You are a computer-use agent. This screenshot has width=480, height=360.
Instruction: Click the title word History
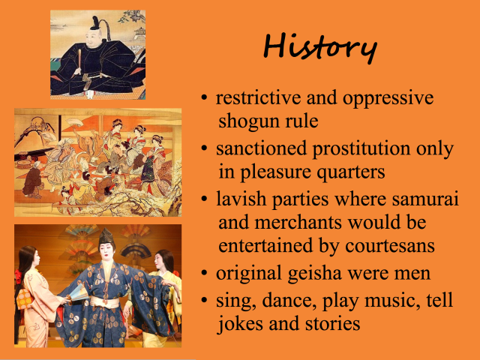point(320,47)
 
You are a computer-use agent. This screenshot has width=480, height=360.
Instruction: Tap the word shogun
point(251,119)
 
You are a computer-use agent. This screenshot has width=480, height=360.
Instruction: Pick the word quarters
point(350,172)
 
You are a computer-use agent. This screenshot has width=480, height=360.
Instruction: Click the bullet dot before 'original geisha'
point(205,274)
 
